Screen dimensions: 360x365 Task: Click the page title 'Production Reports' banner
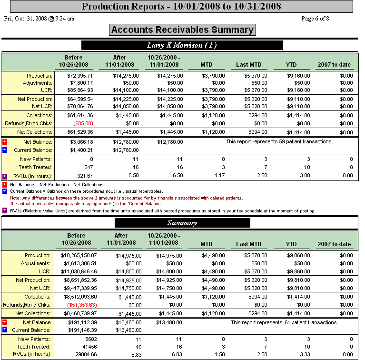click(181, 7)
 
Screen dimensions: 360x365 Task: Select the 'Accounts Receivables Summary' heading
click(182, 30)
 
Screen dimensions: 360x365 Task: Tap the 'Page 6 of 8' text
click(315, 19)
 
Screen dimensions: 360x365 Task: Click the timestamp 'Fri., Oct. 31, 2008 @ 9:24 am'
click(39, 19)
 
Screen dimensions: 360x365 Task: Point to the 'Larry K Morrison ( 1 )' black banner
click(182, 45)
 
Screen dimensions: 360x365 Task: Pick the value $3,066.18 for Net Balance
click(81, 142)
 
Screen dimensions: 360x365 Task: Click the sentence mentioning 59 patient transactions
click(279, 142)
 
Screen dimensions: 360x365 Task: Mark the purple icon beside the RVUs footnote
click(5, 210)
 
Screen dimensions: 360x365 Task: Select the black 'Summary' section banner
click(182, 223)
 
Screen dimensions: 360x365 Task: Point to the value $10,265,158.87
click(76, 256)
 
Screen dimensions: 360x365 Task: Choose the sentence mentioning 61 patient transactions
click(285, 322)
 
